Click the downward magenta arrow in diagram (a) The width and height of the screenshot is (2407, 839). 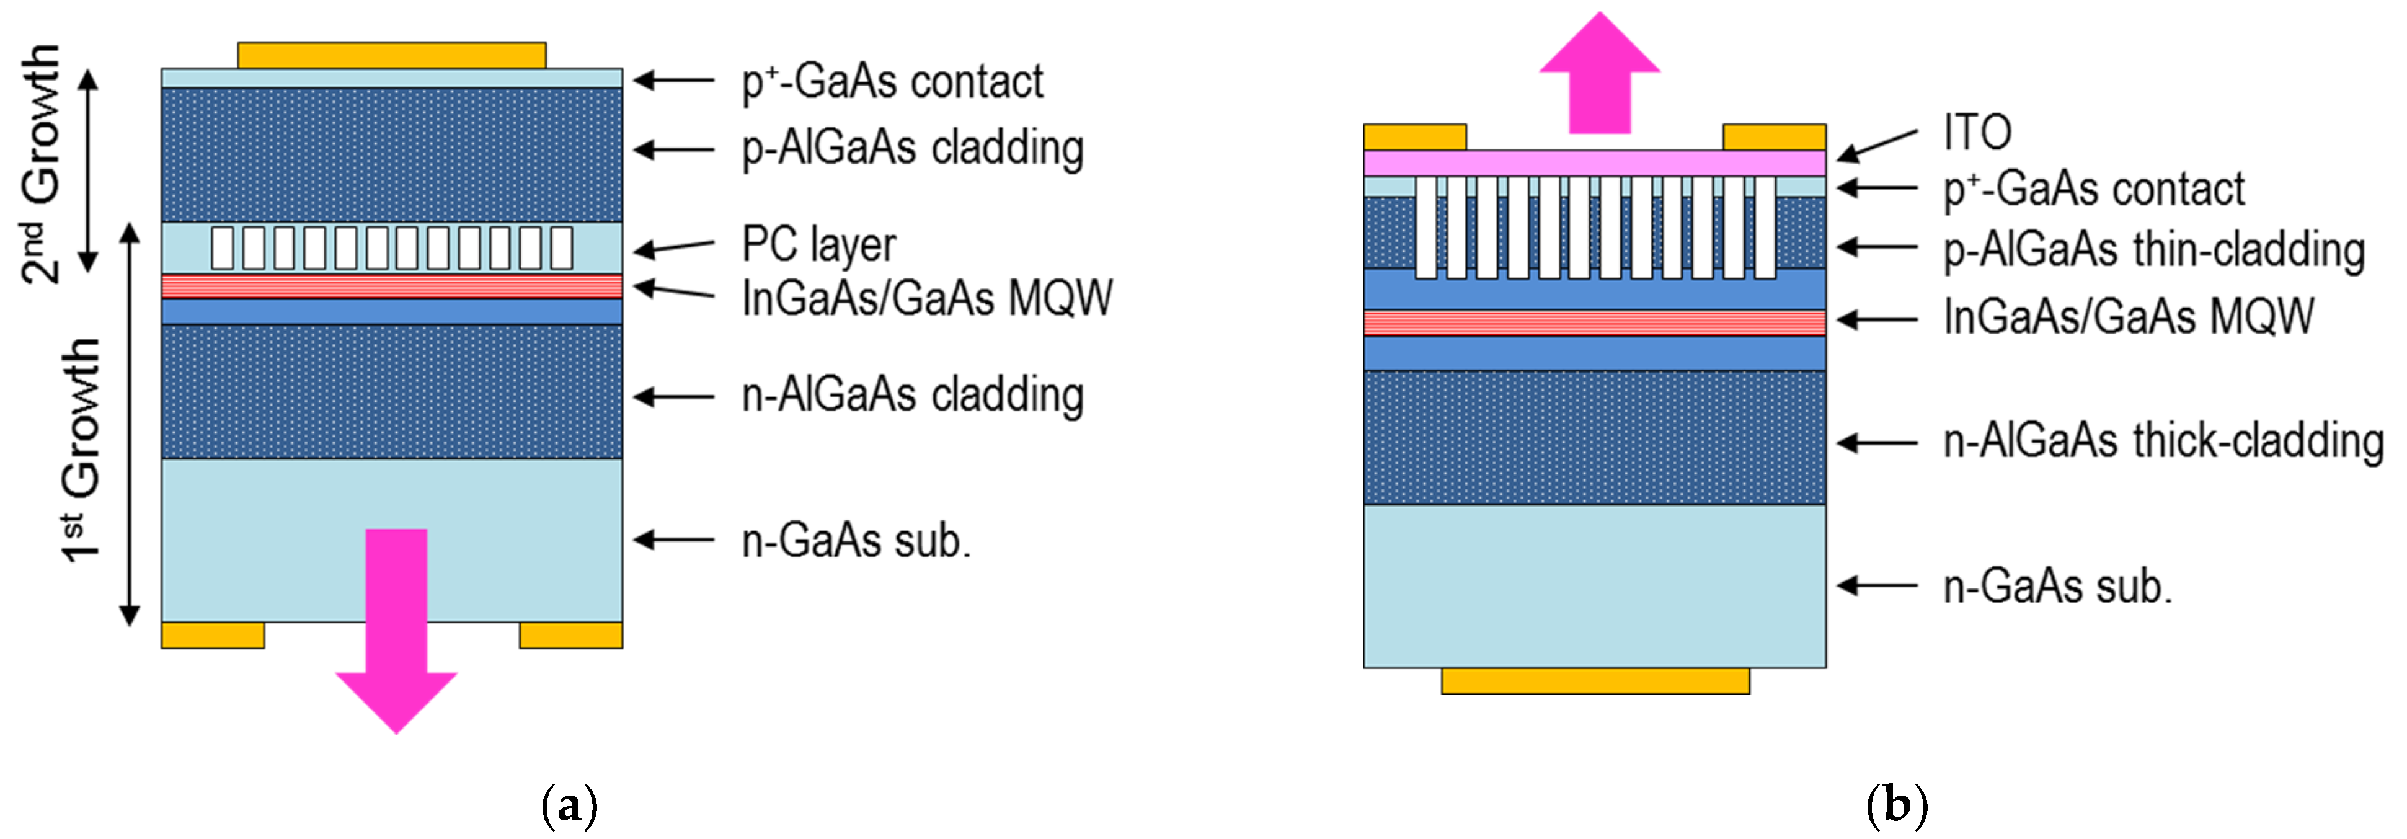coord(396,636)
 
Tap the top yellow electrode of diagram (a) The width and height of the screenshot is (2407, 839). coord(391,55)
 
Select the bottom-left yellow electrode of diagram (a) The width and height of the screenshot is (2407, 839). coord(213,636)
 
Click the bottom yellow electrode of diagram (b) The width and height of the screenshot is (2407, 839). coord(1595,681)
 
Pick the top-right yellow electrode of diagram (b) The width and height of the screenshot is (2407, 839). coord(1773,137)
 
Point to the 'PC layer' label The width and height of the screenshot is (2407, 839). coord(818,245)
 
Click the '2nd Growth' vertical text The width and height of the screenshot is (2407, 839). coord(42,164)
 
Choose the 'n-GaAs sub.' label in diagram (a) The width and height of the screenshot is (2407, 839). coord(856,540)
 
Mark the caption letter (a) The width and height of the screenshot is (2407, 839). coord(569,806)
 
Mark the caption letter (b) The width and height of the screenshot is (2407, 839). coord(1896,806)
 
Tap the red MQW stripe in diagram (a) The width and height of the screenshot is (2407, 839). coord(391,286)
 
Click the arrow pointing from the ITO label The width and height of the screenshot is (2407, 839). coord(1878,145)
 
